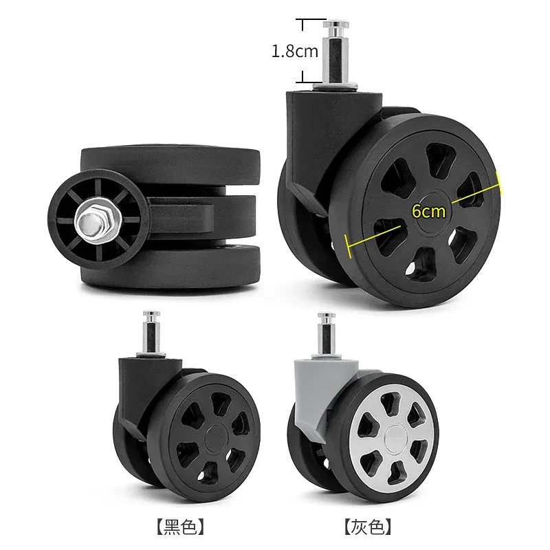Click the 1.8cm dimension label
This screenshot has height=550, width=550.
tap(295, 51)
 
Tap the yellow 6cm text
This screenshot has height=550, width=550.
tap(428, 211)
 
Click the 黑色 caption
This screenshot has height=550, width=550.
tap(180, 527)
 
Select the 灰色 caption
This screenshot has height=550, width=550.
tap(368, 527)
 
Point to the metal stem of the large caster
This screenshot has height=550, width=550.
tap(336, 53)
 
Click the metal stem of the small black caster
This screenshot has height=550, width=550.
tap(151, 334)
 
